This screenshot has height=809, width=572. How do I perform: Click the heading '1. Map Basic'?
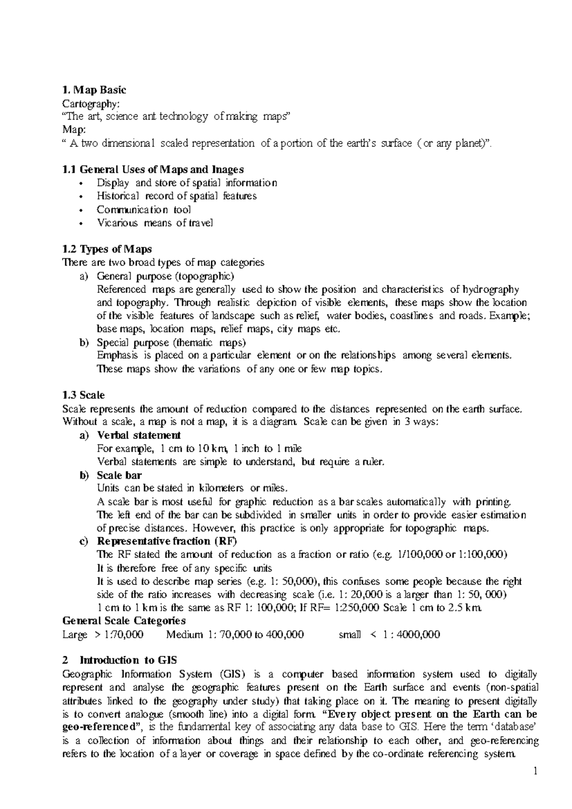coord(94,90)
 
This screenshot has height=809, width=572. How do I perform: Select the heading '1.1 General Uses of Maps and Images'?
coord(153,169)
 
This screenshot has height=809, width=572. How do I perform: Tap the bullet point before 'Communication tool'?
coord(82,210)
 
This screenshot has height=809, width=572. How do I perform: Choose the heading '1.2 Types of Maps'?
coord(107,249)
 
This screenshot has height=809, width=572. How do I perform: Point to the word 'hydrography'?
coord(490,289)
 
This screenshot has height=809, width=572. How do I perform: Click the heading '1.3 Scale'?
coord(83,395)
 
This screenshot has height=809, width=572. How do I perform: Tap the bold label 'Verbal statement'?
coord(139,435)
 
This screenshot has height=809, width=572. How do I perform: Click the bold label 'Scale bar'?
coord(119,475)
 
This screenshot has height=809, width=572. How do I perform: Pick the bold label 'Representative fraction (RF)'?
coord(167,541)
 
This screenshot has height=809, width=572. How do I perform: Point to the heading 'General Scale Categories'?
coord(124,621)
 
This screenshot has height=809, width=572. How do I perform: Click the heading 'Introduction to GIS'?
coord(128,660)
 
